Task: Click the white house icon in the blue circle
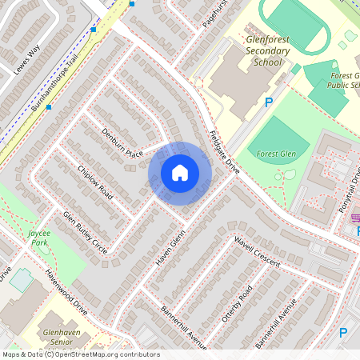(180, 172)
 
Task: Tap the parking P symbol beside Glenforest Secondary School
(269, 102)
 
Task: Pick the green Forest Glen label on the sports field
(276, 153)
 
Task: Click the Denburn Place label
(122, 141)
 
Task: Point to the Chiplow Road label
(96, 182)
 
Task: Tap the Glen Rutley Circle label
(86, 233)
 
